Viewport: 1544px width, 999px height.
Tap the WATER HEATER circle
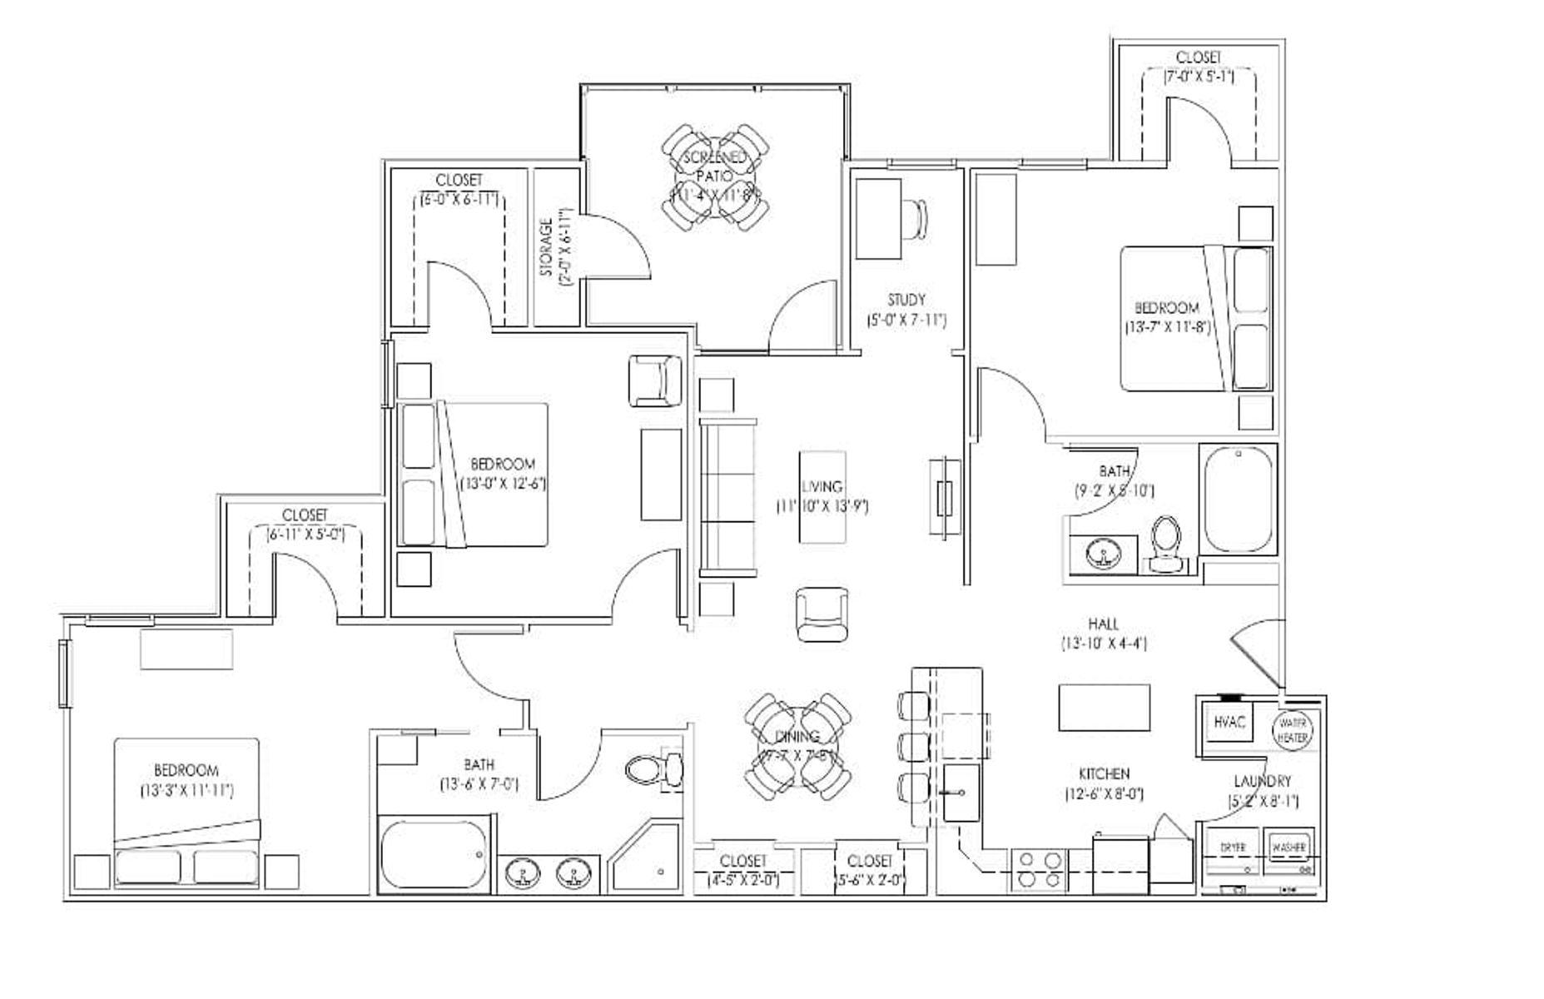pyautogui.click(x=1293, y=730)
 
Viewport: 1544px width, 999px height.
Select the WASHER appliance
pyautogui.click(x=1288, y=847)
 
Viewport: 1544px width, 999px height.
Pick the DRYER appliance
pyautogui.click(x=1233, y=847)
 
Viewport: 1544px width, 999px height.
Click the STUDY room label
pyautogui.click(x=906, y=300)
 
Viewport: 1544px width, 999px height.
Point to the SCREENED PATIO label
pyautogui.click(x=714, y=166)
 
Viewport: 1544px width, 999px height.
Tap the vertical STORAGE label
pyautogui.click(x=547, y=247)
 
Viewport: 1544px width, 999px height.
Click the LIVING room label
pyautogui.click(x=822, y=487)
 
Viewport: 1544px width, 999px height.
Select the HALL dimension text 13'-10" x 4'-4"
pyautogui.click(x=1104, y=644)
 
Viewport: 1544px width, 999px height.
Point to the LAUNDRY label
pyautogui.click(x=1262, y=782)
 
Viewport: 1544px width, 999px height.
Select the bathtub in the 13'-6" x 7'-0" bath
pyautogui.click(x=434, y=856)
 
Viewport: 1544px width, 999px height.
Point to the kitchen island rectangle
pyautogui.click(x=1104, y=707)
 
